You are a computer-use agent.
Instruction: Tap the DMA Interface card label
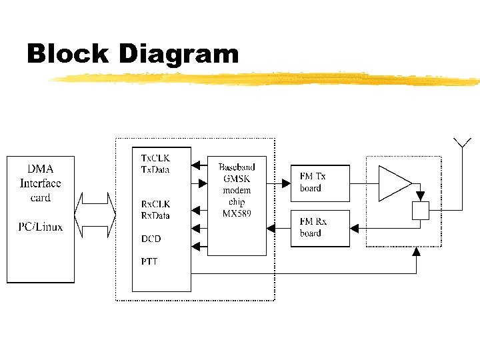pos(40,183)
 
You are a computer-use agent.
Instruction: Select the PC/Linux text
pos(40,227)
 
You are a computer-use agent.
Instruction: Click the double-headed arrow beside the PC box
pos(96,215)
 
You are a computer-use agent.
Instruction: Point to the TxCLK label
pos(155,158)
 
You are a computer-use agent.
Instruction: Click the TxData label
pos(155,169)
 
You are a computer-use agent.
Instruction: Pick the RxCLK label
pos(155,204)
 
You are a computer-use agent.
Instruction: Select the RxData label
pos(155,215)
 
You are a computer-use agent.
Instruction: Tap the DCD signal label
pos(151,239)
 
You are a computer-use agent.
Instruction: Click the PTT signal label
pos(149,261)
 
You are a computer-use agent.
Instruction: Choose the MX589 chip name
pos(237,213)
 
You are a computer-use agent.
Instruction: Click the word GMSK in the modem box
pos(237,178)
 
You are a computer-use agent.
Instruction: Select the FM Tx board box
pos(320,182)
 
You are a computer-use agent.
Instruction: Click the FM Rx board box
pos(320,227)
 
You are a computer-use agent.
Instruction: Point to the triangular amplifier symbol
pos(393,183)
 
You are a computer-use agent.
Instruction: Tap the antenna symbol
pos(462,143)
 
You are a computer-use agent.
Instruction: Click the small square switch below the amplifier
pos(420,210)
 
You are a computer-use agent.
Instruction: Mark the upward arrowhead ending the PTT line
pos(417,251)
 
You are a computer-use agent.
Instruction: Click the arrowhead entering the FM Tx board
pos(286,181)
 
